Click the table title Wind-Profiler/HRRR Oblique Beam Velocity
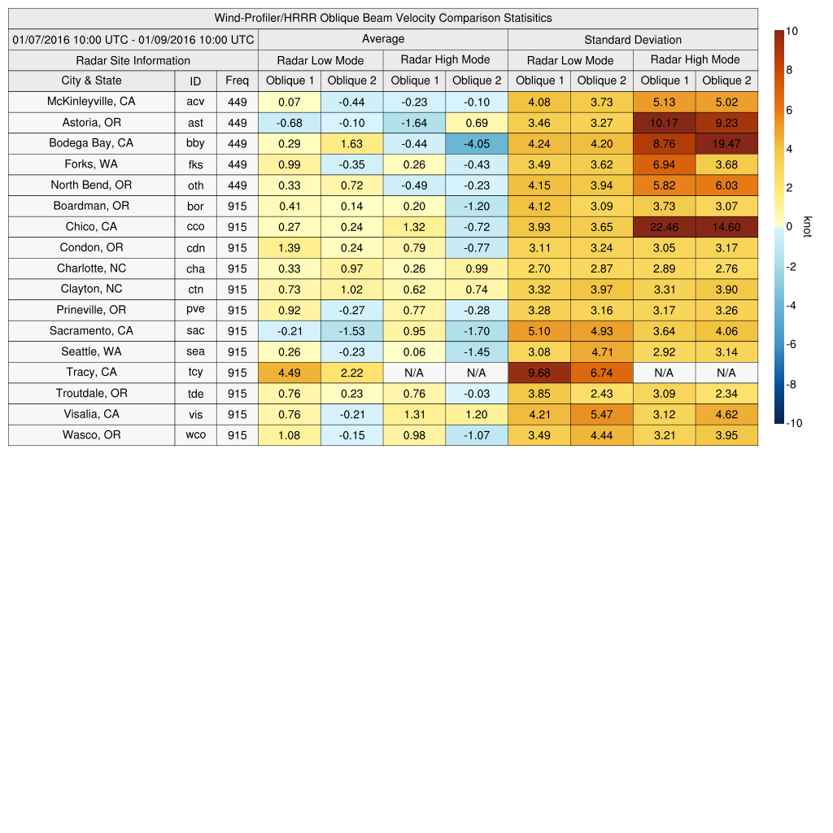(383, 18)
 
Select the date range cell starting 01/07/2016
(133, 39)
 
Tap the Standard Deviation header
(633, 40)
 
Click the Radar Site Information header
(133, 60)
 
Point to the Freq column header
(238, 81)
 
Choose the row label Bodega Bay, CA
(91, 143)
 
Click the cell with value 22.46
(664, 227)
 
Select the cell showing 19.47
(726, 143)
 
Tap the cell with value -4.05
(477, 143)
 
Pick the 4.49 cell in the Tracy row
(289, 373)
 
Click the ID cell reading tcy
(195, 373)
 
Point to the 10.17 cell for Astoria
(664, 123)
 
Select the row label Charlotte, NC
(91, 268)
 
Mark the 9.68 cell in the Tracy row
(539, 373)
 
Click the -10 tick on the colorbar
(795, 423)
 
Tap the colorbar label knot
(809, 226)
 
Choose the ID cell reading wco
(195, 435)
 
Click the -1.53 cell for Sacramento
(351, 331)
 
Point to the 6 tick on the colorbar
(790, 110)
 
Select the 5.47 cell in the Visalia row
(601, 414)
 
